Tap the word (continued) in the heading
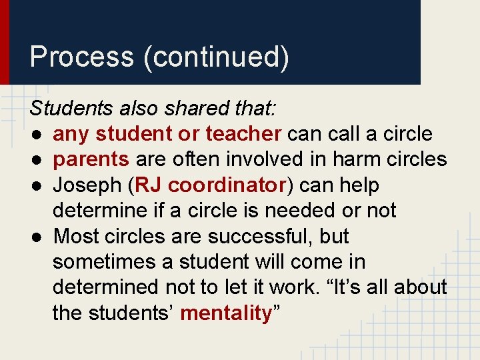point(216,57)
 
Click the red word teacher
point(243,134)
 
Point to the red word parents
point(91,159)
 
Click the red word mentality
point(226,313)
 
